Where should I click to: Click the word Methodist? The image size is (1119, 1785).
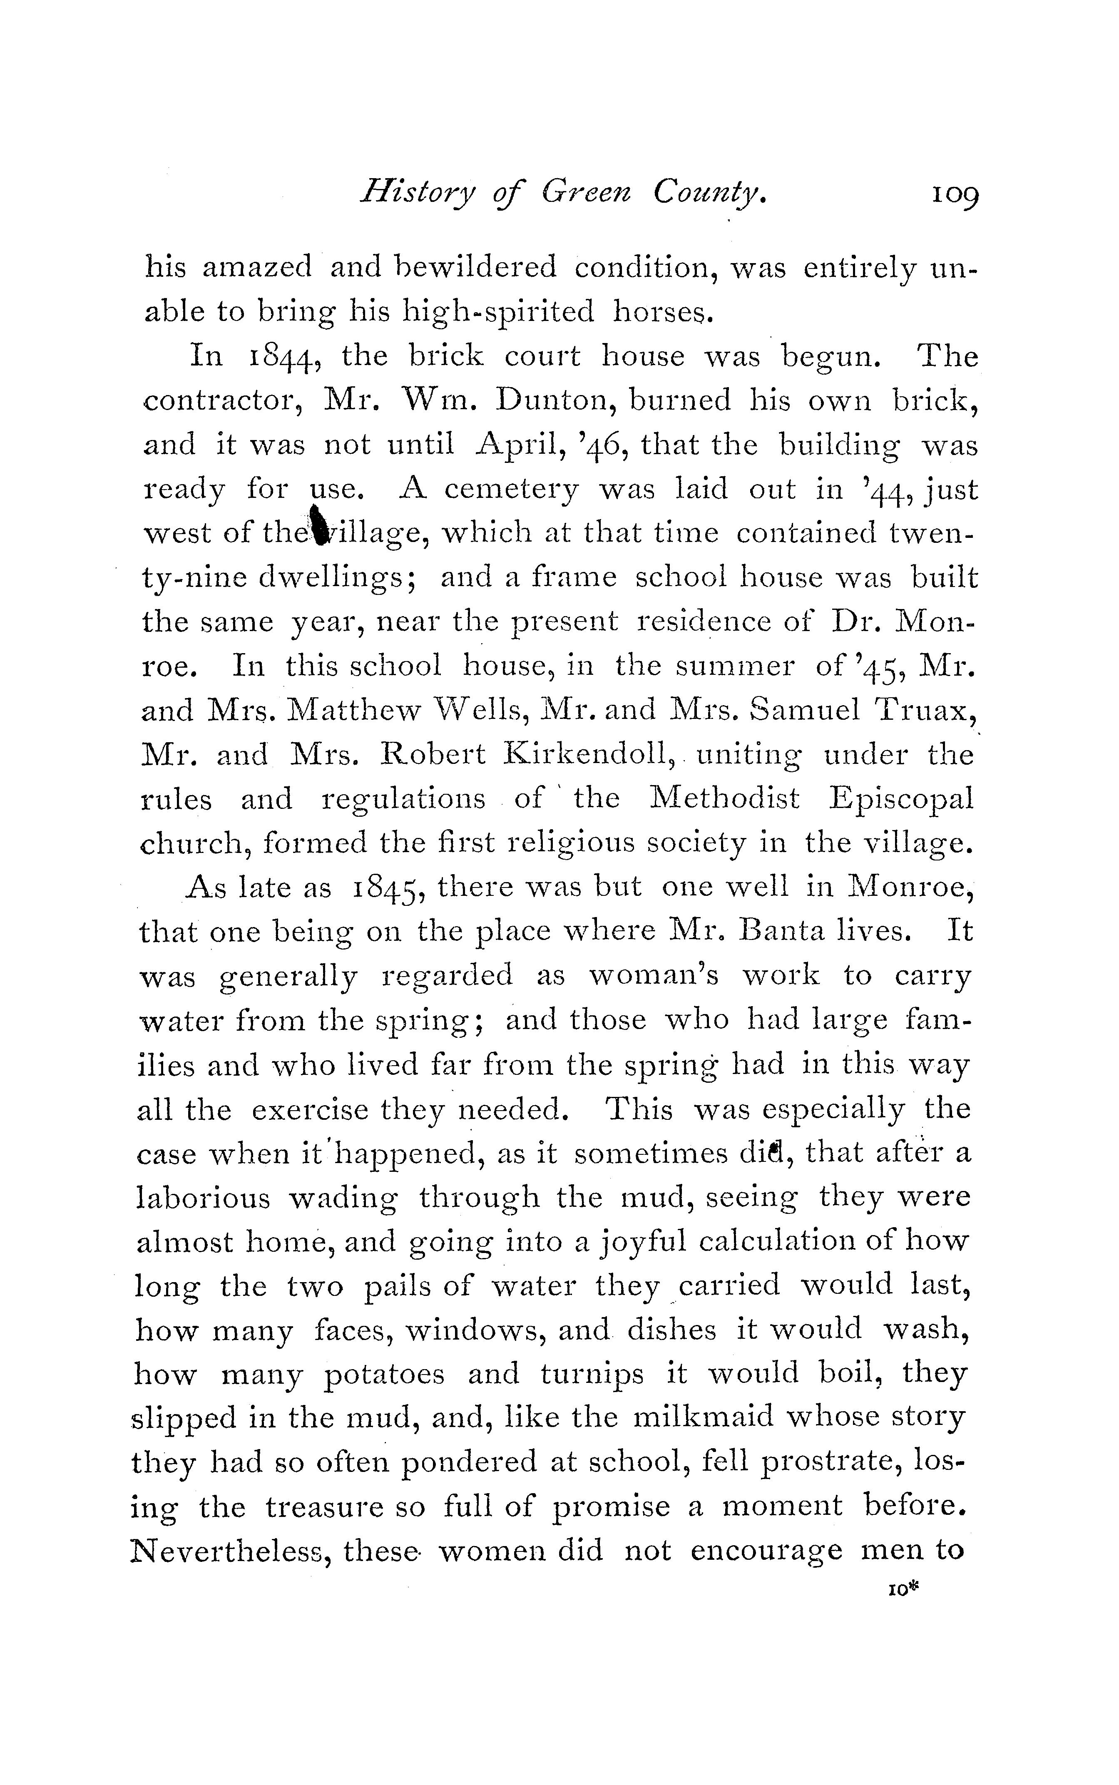click(724, 799)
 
